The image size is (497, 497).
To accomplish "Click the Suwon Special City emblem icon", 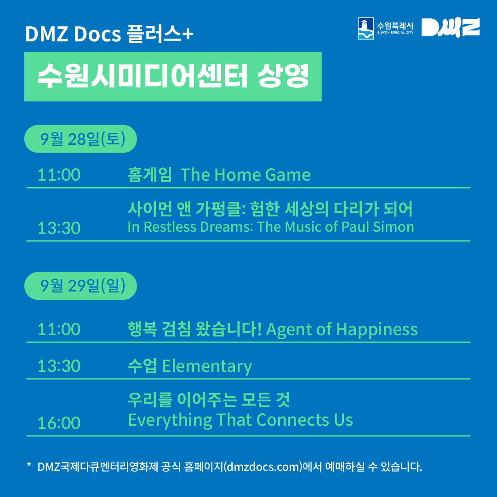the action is tap(366, 29).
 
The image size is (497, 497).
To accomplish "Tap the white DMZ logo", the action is tap(451, 28).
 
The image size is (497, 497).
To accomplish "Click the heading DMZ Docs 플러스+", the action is tap(109, 34).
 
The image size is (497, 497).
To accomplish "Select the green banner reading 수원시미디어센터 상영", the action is tap(173, 76).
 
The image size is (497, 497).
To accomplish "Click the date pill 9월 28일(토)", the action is tap(80, 139).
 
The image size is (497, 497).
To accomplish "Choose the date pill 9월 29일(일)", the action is tap(80, 286).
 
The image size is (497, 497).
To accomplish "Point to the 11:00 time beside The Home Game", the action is tap(59, 175).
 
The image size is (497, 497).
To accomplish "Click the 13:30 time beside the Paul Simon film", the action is tap(59, 228).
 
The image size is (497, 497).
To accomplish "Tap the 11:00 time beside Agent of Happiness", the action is tap(59, 329).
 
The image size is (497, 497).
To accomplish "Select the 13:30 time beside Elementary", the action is tap(59, 366).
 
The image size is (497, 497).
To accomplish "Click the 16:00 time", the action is tap(59, 423).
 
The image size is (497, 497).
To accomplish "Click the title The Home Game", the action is tap(246, 175).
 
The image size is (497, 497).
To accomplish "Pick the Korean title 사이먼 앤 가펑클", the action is tap(187, 209).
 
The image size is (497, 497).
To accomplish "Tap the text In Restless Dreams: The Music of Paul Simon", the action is tap(271, 227).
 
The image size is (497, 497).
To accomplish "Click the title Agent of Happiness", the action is tap(342, 330).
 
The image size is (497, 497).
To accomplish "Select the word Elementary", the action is tap(207, 366).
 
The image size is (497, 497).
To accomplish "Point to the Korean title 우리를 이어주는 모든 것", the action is tap(209, 400).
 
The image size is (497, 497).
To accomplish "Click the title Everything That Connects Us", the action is tap(240, 420).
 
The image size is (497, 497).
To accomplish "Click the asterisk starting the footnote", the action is tap(29, 465).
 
